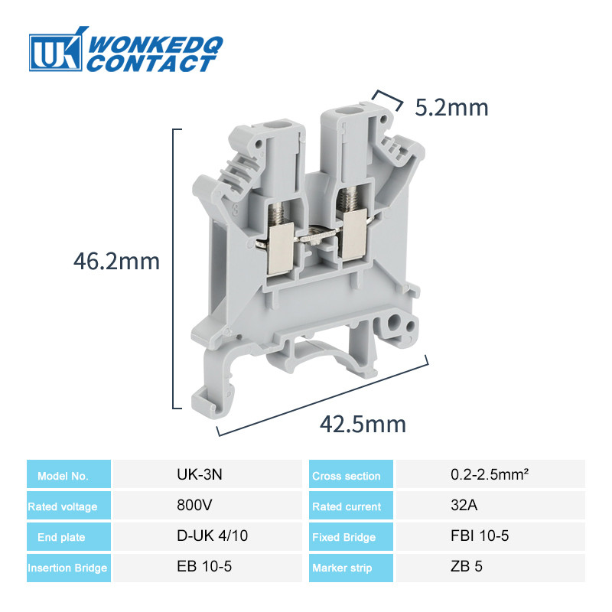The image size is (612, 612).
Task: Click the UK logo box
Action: (55, 53)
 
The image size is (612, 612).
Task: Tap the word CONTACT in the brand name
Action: (150, 63)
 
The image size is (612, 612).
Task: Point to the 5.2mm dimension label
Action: (451, 107)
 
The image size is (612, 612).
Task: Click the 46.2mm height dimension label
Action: (117, 261)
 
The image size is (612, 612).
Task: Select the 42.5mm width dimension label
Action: (363, 424)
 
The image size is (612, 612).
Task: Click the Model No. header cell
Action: (69, 474)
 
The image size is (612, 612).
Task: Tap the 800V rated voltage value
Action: (194, 505)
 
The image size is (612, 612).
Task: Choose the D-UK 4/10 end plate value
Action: (213, 535)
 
